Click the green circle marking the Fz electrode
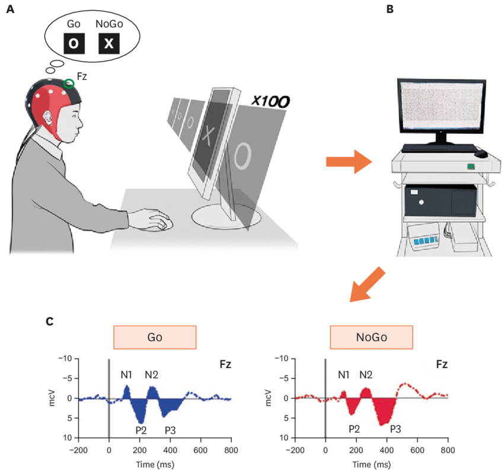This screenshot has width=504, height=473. pos(69,84)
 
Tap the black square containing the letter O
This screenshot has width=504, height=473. pos(74,43)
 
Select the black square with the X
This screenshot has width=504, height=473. pos(109,43)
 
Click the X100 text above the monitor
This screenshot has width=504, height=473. pos(269,101)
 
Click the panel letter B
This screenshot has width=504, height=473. pos(390,10)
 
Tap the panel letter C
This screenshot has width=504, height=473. pos(50,321)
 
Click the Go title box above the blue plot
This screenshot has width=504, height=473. pos(154,337)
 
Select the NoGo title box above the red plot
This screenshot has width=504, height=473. pos(371,337)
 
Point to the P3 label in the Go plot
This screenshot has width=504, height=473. pos(170,430)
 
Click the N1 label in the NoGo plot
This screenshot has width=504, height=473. pos(344,375)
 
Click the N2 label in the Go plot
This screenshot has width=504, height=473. pos(151,375)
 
